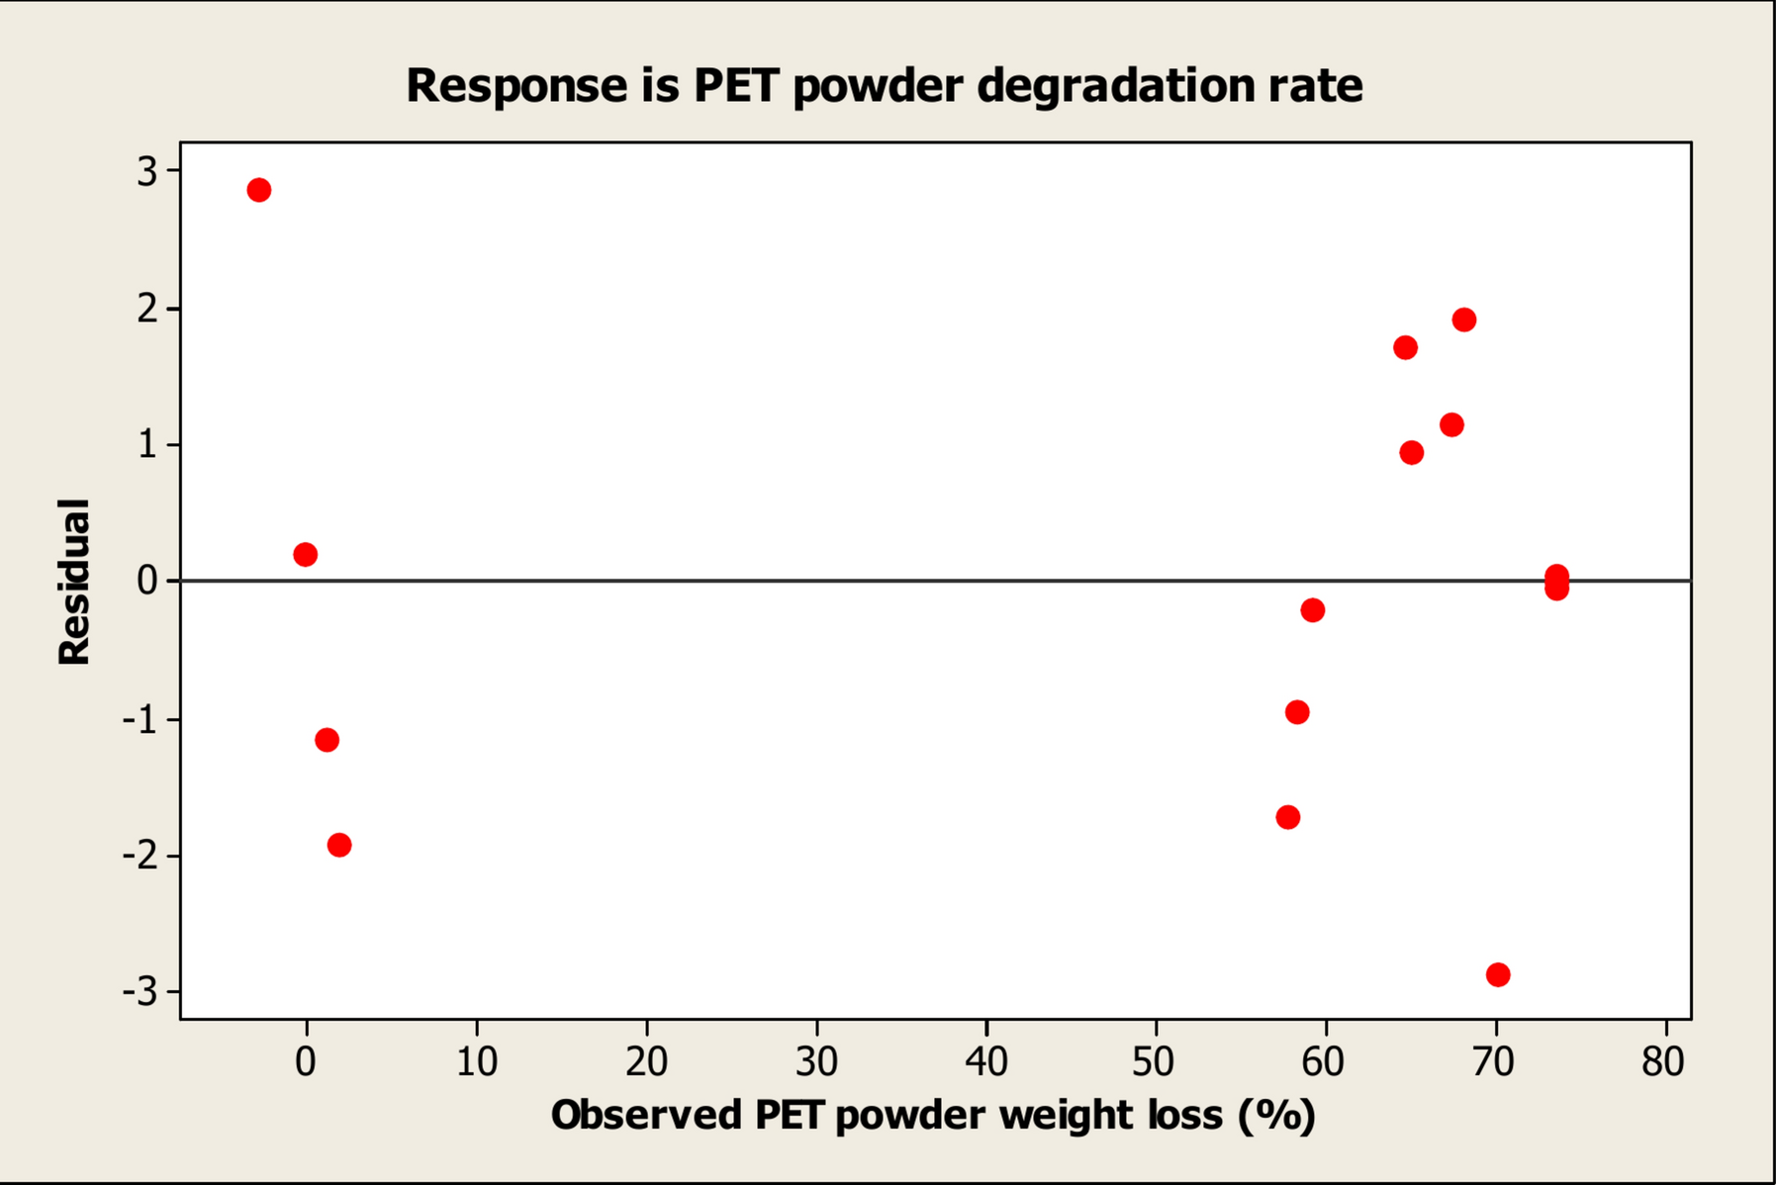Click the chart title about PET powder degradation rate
884,85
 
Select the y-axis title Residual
74,582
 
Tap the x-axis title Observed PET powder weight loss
933,1115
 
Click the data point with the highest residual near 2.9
259,190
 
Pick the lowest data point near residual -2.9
1498,974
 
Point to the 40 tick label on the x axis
985,1062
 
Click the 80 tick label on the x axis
1662,1062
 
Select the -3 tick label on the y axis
140,991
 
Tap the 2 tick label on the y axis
147,309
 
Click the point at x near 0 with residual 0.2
306,554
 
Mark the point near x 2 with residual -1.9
339,845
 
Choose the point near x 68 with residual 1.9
1464,319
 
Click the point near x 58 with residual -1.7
1288,817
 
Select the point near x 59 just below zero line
1313,609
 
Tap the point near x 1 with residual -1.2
327,740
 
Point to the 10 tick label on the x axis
477,1062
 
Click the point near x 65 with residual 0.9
1412,453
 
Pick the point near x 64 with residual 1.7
1406,347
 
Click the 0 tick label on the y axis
147,581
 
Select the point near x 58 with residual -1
1297,712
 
